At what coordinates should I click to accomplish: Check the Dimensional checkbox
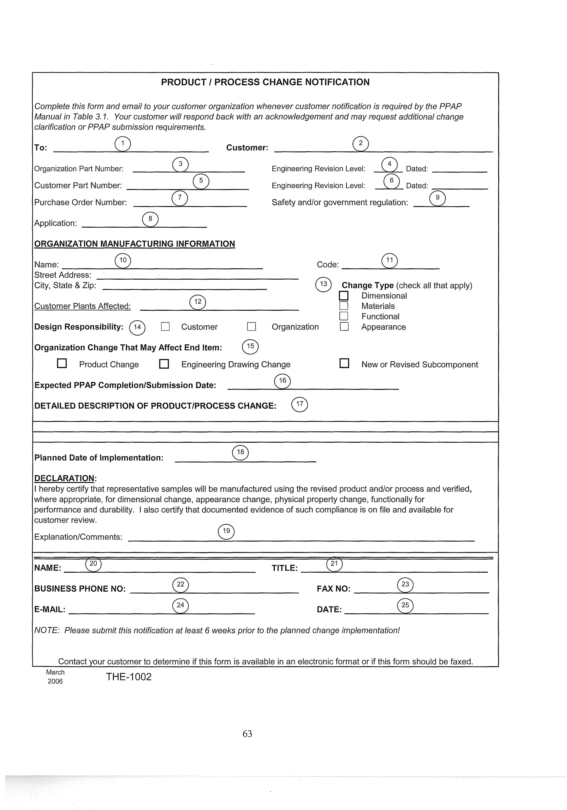point(344,296)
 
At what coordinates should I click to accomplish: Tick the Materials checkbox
point(344,306)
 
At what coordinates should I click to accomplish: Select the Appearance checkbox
point(344,327)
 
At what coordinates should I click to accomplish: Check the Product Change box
point(62,364)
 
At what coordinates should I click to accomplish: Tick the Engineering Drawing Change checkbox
point(164,364)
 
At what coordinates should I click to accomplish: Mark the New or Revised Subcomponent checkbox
point(344,364)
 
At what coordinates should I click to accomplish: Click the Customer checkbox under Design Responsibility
point(165,327)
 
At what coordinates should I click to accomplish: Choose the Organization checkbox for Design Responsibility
point(251,327)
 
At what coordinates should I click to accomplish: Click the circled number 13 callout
point(323,284)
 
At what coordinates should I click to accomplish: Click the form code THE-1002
point(129,677)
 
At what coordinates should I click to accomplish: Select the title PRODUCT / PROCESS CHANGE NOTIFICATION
point(265,82)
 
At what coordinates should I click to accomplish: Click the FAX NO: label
point(334,589)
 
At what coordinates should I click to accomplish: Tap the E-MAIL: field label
point(50,610)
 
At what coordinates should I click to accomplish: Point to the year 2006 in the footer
point(55,681)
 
